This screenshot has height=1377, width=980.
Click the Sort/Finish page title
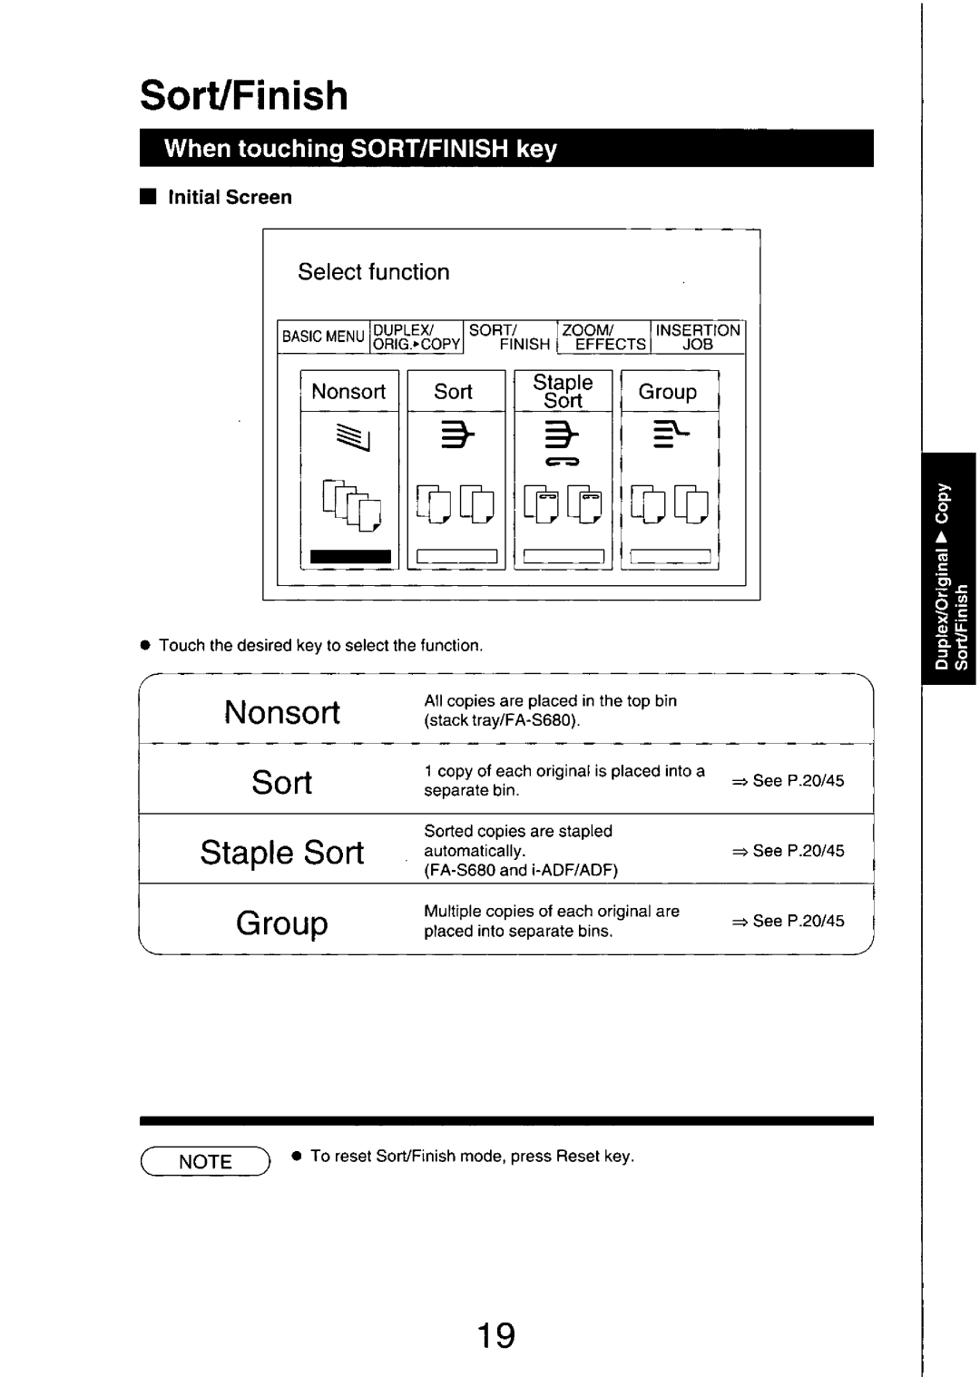coord(244,95)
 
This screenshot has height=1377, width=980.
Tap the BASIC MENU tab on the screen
coord(323,337)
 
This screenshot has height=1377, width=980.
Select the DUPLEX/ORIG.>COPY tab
coord(417,337)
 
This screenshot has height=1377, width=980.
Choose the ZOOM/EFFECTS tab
coord(603,337)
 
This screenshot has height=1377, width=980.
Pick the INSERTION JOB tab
coord(698,337)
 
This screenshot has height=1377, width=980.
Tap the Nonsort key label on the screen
coord(348,392)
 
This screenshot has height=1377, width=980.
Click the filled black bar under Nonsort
coord(350,557)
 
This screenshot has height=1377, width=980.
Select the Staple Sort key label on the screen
coord(563,392)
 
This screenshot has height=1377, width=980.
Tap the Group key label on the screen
coord(668,392)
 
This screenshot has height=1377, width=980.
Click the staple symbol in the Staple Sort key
coord(563,463)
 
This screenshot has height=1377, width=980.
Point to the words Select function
coord(374,272)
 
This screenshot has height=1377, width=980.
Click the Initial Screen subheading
coord(230,198)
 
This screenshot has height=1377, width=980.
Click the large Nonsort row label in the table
coord(282,712)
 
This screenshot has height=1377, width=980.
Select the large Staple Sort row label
coord(282,853)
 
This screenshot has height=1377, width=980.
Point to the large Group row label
coord(282,923)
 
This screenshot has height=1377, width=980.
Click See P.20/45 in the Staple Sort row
coord(789,851)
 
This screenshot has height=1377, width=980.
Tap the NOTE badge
coord(206,1162)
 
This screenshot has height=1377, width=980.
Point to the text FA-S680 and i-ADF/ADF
coord(521,871)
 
